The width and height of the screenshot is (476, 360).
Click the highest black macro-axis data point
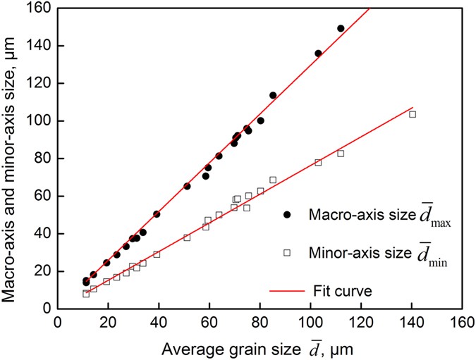coord(341,28)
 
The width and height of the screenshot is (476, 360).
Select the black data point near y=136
coord(318,53)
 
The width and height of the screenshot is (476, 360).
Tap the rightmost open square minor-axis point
coord(413,114)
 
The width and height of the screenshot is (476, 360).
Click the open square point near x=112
coord(341,153)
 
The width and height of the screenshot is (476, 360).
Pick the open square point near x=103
coord(318,162)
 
